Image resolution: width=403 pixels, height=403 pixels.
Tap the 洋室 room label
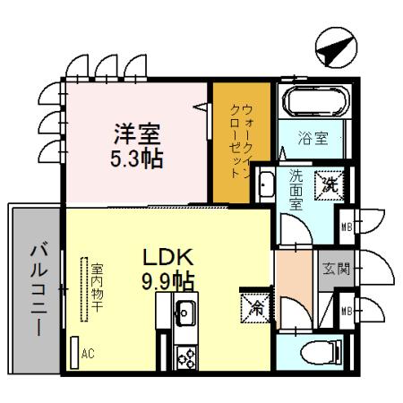[x=137, y=136]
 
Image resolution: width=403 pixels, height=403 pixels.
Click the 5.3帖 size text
[x=137, y=160]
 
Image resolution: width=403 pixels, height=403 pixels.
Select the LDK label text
[x=168, y=258]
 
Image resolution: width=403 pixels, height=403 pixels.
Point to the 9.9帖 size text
[x=168, y=281]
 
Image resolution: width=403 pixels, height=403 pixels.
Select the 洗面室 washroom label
[x=296, y=190]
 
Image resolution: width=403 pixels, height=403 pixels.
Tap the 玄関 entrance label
[x=339, y=268]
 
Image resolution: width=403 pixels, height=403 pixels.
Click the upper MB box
[x=347, y=225]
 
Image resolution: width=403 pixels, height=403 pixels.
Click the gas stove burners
[x=188, y=356]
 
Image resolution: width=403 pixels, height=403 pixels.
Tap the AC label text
[x=87, y=354]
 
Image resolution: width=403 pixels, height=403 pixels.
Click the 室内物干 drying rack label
[x=93, y=289]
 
